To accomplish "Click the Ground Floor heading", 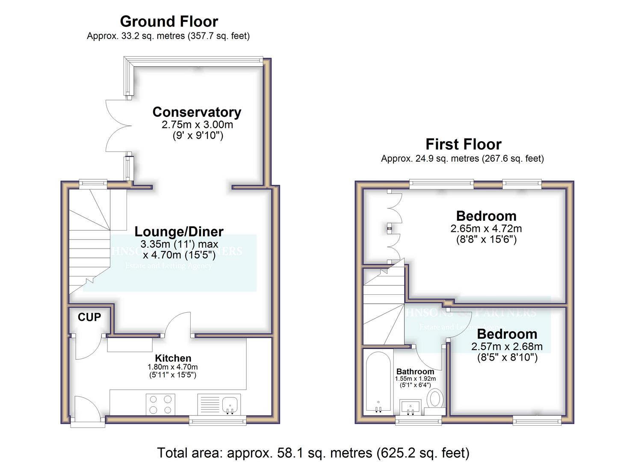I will click(x=169, y=21).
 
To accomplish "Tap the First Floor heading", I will click(x=463, y=144).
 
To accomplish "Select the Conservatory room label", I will click(x=197, y=112).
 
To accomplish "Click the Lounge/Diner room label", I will click(x=179, y=231).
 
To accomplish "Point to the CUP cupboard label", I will click(x=89, y=317).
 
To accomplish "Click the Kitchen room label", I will click(x=173, y=358).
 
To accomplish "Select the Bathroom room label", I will click(x=415, y=371).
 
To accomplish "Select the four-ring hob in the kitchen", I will click(x=160, y=404).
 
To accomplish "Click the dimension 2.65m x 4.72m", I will click(x=486, y=229).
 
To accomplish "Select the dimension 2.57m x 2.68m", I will click(x=507, y=346).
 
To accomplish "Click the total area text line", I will click(x=313, y=453).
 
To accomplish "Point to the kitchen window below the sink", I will click(x=218, y=421).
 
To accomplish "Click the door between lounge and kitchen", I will click(x=179, y=325).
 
